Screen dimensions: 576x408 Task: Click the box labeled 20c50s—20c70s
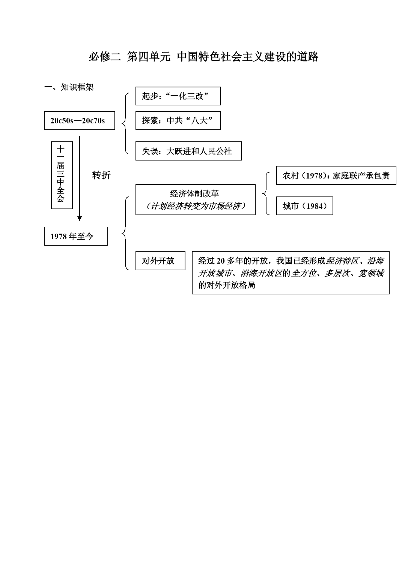click(79, 120)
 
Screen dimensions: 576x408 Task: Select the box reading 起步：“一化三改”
click(178, 96)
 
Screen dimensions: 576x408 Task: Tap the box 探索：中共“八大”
click(178, 120)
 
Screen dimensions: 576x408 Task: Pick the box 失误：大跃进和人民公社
click(188, 151)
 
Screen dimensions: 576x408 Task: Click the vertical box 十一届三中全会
click(62, 175)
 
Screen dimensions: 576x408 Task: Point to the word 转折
click(101, 175)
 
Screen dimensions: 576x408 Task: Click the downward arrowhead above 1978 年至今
click(79, 218)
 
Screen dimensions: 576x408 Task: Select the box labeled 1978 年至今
click(76, 236)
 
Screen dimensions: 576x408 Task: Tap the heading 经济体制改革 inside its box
click(195, 193)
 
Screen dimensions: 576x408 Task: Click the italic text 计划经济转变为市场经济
click(196, 206)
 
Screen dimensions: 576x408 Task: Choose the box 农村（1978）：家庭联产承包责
click(336, 175)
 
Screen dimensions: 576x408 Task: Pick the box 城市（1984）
click(304, 206)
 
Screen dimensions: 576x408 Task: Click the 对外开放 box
click(160, 261)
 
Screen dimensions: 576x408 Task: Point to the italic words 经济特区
click(342, 261)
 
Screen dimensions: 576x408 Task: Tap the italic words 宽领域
click(371, 273)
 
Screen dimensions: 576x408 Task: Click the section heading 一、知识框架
click(69, 87)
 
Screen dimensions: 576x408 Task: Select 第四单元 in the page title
click(148, 57)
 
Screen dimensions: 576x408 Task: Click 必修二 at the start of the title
click(105, 57)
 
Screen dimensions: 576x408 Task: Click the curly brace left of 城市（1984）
click(266, 193)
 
